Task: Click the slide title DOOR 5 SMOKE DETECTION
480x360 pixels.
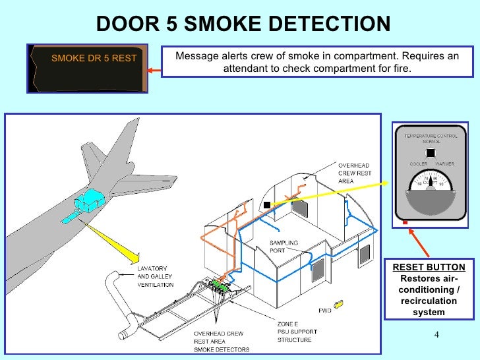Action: pos(243,24)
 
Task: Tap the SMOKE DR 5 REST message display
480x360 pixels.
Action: pos(94,58)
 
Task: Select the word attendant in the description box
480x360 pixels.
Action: pos(251,68)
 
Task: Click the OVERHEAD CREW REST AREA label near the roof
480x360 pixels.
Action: pos(354,173)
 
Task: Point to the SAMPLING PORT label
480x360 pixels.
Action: pos(284,246)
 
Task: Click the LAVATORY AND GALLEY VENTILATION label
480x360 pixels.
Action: pos(156,277)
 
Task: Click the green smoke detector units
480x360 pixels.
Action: pos(220,286)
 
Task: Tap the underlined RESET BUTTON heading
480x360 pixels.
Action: pos(429,267)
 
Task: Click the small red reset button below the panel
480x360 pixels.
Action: pos(404,223)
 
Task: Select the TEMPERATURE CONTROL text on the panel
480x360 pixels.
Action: pos(431,136)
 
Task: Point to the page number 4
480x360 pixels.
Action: pos(436,334)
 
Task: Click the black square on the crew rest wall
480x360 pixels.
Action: pos(266,205)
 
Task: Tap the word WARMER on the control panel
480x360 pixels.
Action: pos(444,163)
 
